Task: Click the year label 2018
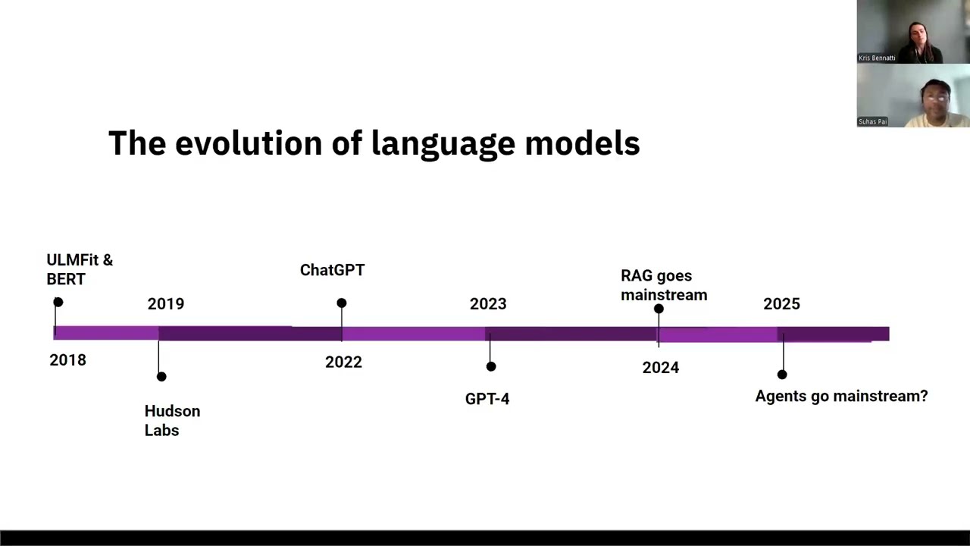[x=67, y=360]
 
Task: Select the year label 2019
[x=165, y=304]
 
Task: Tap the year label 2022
[x=343, y=362]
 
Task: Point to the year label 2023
[x=487, y=304]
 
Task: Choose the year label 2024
[x=660, y=368]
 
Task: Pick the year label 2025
[x=781, y=304]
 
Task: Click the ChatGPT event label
[x=332, y=271]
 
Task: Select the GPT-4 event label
[x=487, y=399]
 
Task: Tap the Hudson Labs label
[x=172, y=421]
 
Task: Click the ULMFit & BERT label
[x=79, y=270]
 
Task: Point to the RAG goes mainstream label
[x=664, y=285]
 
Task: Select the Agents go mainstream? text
[x=841, y=396]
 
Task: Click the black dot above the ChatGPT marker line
[x=342, y=303]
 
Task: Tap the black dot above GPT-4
[x=491, y=367]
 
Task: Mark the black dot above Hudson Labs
[x=161, y=377]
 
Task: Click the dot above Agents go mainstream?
[x=782, y=375]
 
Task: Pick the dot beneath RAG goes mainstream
[x=659, y=309]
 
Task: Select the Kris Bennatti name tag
[x=877, y=58]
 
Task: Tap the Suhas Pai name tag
[x=872, y=121]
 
